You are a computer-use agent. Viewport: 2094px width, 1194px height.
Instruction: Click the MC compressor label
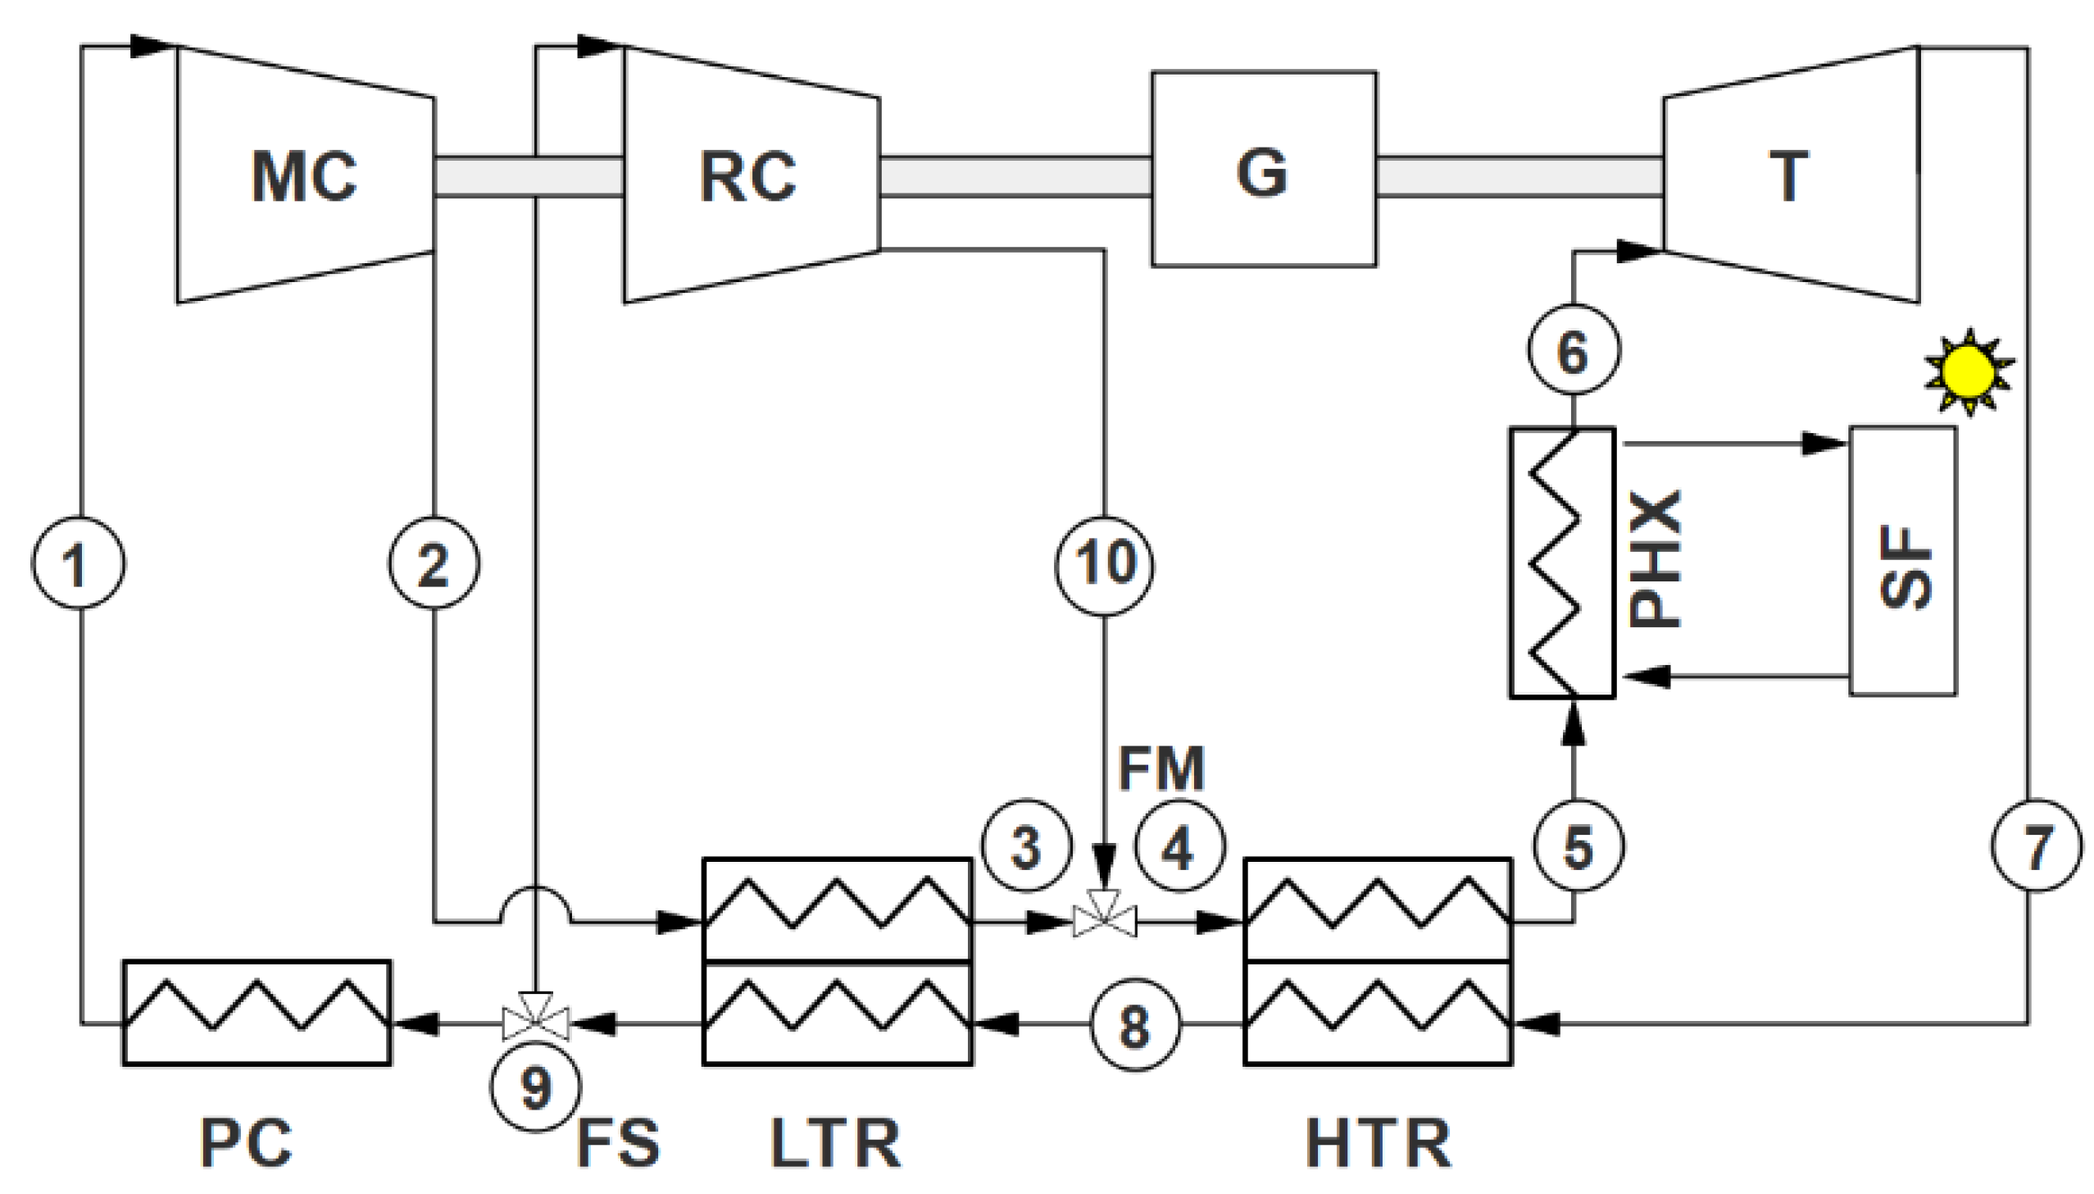tap(304, 176)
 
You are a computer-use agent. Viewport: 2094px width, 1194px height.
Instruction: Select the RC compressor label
tap(747, 176)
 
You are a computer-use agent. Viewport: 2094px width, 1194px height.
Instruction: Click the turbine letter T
tap(1787, 176)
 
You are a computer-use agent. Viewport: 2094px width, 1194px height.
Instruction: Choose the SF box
tap(1902, 561)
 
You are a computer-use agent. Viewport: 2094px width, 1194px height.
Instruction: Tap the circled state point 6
tap(1573, 350)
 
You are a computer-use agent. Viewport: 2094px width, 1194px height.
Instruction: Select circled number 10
tap(1104, 563)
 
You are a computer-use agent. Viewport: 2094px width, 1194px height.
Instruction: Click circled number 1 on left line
tap(78, 563)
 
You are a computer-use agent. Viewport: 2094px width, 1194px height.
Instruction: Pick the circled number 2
tap(434, 563)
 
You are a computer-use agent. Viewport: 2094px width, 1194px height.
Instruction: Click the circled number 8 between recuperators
tap(1136, 1024)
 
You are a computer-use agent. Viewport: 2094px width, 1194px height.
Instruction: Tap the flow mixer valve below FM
tap(1104, 922)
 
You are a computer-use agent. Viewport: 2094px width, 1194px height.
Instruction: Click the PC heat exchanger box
tap(257, 1013)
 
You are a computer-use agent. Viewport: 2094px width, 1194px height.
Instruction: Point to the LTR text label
tap(835, 1143)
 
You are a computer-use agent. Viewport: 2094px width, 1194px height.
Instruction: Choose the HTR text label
tap(1378, 1143)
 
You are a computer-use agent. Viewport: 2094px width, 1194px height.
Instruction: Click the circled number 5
tap(1578, 845)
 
